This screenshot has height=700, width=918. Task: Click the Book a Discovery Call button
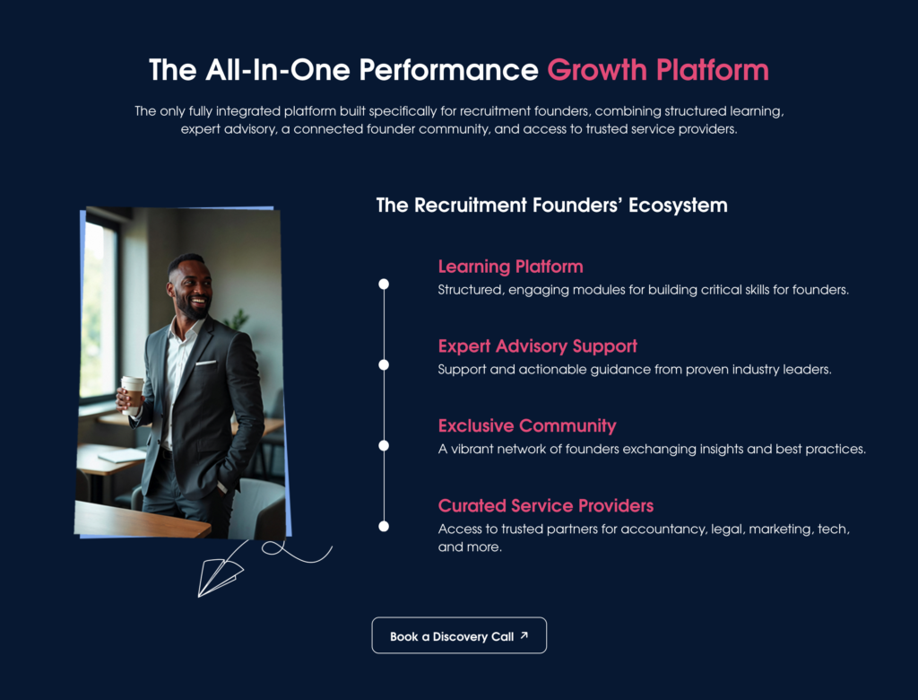coord(459,635)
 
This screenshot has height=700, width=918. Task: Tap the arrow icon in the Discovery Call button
coord(524,634)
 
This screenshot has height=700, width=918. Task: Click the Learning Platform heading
coord(510,267)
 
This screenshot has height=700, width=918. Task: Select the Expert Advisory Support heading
coord(538,346)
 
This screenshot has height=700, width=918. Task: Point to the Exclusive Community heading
coord(527,426)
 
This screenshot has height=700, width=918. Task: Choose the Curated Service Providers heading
coord(546,505)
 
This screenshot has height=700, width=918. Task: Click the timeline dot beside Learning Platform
coord(384,284)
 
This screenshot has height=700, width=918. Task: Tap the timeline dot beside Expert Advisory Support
coord(384,365)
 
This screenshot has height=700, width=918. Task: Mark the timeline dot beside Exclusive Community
coord(384,445)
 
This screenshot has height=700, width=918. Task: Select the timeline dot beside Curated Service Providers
coord(384,527)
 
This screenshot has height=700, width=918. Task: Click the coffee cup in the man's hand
coord(132,394)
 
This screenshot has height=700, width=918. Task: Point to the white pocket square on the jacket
coord(205,363)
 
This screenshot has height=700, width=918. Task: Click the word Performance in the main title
coord(448,70)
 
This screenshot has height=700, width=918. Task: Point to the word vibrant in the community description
coord(472,449)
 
